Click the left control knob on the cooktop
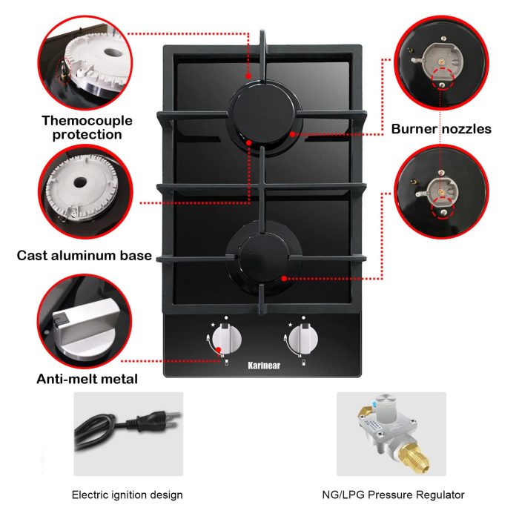click(227, 340)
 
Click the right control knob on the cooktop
click(303, 340)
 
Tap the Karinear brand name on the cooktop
click(264, 364)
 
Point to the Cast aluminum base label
click(85, 256)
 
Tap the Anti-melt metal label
click(87, 379)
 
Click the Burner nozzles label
click(441, 129)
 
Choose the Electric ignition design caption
click(127, 495)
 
